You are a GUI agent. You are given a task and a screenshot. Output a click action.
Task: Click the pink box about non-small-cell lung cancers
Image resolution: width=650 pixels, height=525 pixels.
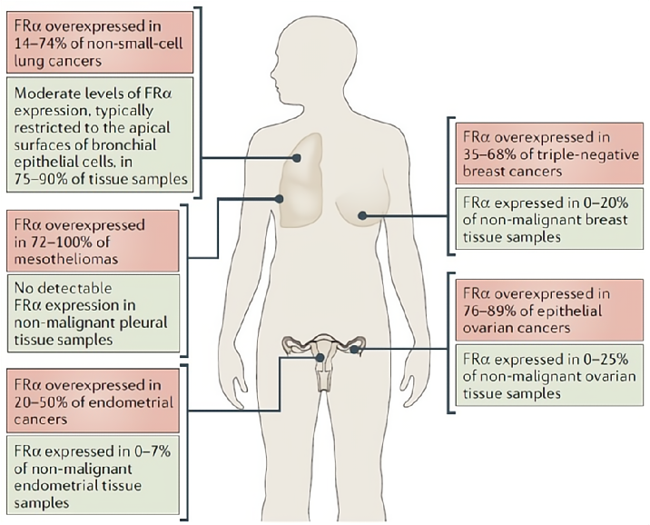[100, 43]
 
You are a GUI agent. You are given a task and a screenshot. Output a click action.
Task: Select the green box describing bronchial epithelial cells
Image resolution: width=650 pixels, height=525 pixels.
[100, 134]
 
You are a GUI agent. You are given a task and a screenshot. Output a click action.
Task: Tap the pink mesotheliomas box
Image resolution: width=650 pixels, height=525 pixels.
[93, 241]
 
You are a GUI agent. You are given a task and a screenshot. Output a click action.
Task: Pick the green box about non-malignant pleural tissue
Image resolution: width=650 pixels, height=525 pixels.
[93, 313]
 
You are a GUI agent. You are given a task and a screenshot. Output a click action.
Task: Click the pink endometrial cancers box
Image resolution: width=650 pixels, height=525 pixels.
[93, 401]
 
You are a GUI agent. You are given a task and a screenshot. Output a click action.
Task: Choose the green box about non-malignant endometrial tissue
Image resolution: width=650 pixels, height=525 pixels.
[93, 475]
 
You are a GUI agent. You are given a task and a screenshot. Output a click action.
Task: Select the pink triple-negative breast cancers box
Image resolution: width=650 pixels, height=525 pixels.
[549, 154]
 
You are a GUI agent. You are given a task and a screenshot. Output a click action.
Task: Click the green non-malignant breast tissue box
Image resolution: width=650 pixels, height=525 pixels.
[549, 219]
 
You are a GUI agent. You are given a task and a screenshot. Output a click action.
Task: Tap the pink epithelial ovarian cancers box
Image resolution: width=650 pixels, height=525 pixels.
[549, 310]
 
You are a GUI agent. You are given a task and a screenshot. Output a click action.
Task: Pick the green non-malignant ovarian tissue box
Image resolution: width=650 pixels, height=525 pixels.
[549, 375]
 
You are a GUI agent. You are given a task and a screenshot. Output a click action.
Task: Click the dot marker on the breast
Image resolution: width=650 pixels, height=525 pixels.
[362, 215]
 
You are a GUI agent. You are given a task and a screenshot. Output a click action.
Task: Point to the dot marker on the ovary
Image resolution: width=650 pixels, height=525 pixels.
[354, 350]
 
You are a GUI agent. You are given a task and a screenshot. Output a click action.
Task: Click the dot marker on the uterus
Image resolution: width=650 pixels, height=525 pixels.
[320, 357]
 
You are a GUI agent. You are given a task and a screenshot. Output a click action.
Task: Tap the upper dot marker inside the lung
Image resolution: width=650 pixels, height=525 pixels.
[296, 158]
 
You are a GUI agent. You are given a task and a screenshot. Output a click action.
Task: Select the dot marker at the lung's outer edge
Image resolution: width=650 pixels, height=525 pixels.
[279, 199]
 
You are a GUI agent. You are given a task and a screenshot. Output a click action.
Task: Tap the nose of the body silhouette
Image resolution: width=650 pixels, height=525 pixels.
[271, 74]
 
